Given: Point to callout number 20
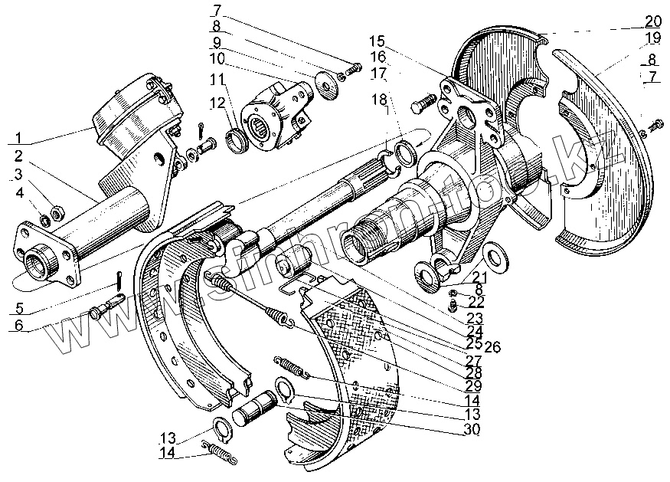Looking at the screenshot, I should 653,21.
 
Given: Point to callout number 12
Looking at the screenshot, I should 217,103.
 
